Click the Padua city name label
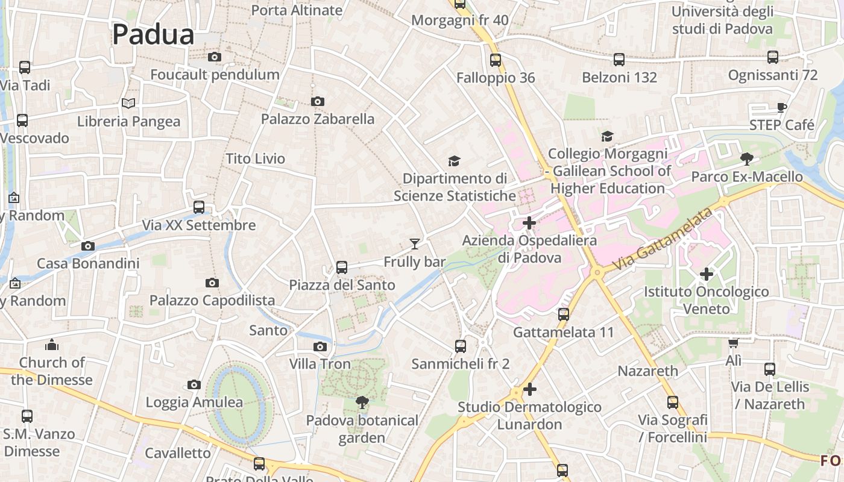(x=153, y=34)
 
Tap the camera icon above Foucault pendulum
(x=214, y=57)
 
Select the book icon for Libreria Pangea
(x=128, y=104)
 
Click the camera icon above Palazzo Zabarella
(x=318, y=101)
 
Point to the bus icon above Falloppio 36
(x=496, y=60)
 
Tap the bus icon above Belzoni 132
(x=619, y=60)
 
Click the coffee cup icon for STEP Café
(x=781, y=108)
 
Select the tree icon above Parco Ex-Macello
(x=747, y=159)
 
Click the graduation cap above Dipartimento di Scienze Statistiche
(x=454, y=161)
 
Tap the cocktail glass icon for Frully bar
(x=414, y=244)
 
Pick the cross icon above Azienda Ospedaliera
(x=529, y=223)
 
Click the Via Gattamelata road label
(x=662, y=240)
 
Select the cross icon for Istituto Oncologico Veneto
(x=707, y=274)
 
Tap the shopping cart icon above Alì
(x=733, y=343)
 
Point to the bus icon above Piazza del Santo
(x=342, y=268)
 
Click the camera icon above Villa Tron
(x=320, y=346)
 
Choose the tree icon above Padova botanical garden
(x=362, y=402)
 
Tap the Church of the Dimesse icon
(x=52, y=345)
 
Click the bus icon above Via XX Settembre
(x=199, y=207)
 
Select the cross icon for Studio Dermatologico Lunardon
(x=530, y=389)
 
